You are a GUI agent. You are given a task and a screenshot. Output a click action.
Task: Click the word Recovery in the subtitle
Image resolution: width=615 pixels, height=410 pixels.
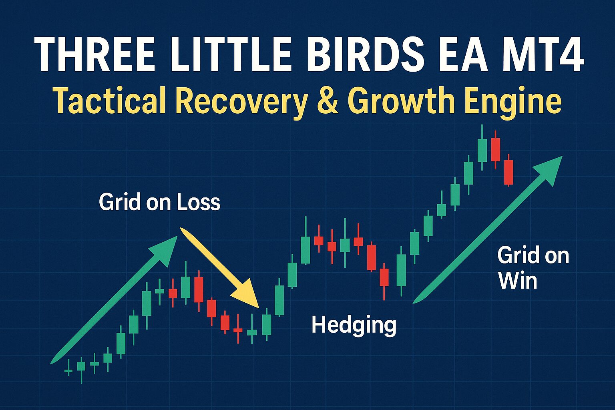241,103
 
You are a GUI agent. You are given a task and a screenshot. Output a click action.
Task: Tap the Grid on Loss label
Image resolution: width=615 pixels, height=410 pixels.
159,202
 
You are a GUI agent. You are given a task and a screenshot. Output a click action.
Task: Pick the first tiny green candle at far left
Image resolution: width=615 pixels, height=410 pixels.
68,371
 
